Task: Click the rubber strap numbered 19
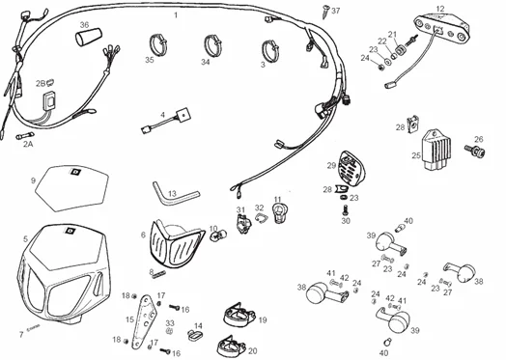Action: click(x=236, y=315)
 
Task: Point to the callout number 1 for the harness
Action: click(x=175, y=16)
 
